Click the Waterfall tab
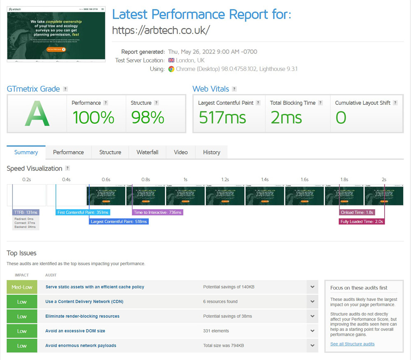point(147,152)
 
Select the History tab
point(211,152)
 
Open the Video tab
point(180,152)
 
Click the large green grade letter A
point(37,113)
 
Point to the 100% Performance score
point(93,118)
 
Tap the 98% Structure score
point(148,118)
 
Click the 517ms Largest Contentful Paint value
point(222,118)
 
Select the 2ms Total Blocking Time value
point(286,118)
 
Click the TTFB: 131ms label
point(26,212)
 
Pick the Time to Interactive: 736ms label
point(157,212)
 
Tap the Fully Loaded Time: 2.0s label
point(362,222)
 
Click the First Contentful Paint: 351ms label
point(83,212)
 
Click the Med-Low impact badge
point(22,287)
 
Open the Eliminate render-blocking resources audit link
point(82,316)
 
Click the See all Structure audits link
point(352,344)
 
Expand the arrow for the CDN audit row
point(312,302)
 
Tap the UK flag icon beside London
point(171,60)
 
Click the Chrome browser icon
point(171,69)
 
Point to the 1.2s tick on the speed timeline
point(225,180)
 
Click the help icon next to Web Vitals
point(234,89)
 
